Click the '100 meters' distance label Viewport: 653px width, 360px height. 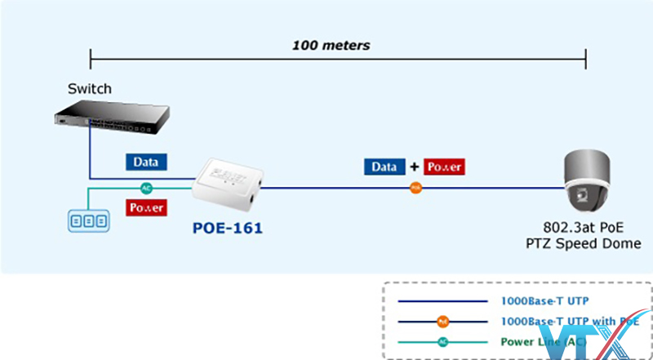click(x=331, y=45)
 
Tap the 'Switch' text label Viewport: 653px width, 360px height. click(x=91, y=88)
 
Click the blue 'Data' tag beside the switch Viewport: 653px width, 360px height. click(x=146, y=162)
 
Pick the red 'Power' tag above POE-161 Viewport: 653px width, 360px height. click(x=146, y=207)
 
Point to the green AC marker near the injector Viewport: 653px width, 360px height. click(x=147, y=186)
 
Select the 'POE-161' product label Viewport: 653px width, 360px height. click(x=228, y=229)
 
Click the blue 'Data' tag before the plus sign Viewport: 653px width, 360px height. click(x=384, y=167)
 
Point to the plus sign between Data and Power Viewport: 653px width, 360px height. click(x=415, y=167)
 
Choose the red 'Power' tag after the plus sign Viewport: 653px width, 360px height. click(x=445, y=167)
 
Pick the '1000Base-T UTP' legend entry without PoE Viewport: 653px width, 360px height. click(x=542, y=300)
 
